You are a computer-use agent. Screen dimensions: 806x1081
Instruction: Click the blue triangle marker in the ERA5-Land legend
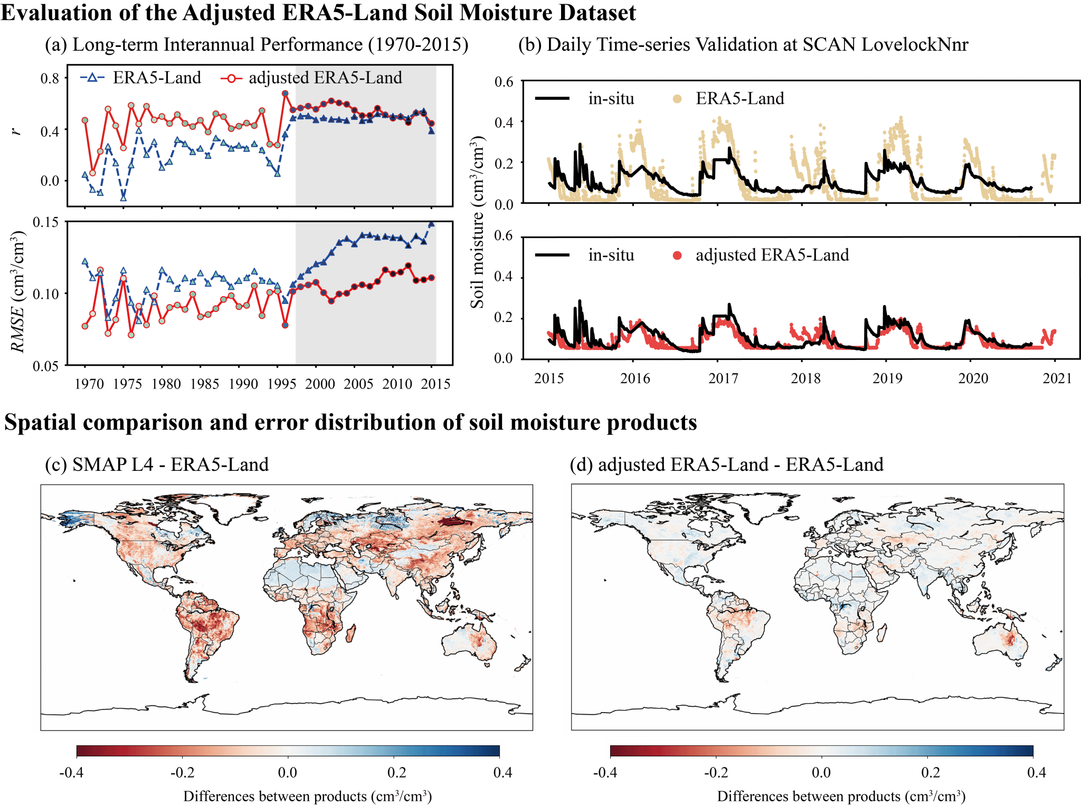pyautogui.click(x=92, y=78)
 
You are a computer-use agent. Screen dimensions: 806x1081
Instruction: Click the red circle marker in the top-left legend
pyautogui.click(x=231, y=78)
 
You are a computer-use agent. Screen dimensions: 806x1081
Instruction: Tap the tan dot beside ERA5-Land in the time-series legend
pyautogui.click(x=677, y=99)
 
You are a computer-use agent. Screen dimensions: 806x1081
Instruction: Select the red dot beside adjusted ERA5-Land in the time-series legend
pyautogui.click(x=677, y=255)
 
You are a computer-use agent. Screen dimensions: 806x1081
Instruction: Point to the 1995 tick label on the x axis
pyautogui.click(x=281, y=384)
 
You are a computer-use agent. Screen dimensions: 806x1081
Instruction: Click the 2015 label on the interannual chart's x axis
pyautogui.click(x=435, y=384)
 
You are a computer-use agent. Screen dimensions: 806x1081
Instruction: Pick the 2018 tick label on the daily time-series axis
pyautogui.click(x=806, y=378)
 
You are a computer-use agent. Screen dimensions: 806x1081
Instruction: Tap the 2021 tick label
pyautogui.click(x=1057, y=378)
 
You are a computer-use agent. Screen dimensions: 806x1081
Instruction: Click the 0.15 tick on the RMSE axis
pyautogui.click(x=45, y=222)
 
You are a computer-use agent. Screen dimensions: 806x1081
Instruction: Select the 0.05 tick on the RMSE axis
pyautogui.click(x=45, y=366)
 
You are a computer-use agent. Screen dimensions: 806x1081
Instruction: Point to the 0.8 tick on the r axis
pyautogui.click(x=50, y=79)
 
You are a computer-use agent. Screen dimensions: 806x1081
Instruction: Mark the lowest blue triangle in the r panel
pyautogui.click(x=123, y=198)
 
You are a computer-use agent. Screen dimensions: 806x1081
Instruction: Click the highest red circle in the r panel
pyautogui.click(x=286, y=93)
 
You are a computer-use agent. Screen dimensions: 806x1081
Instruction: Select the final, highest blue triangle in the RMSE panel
pyautogui.click(x=431, y=225)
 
